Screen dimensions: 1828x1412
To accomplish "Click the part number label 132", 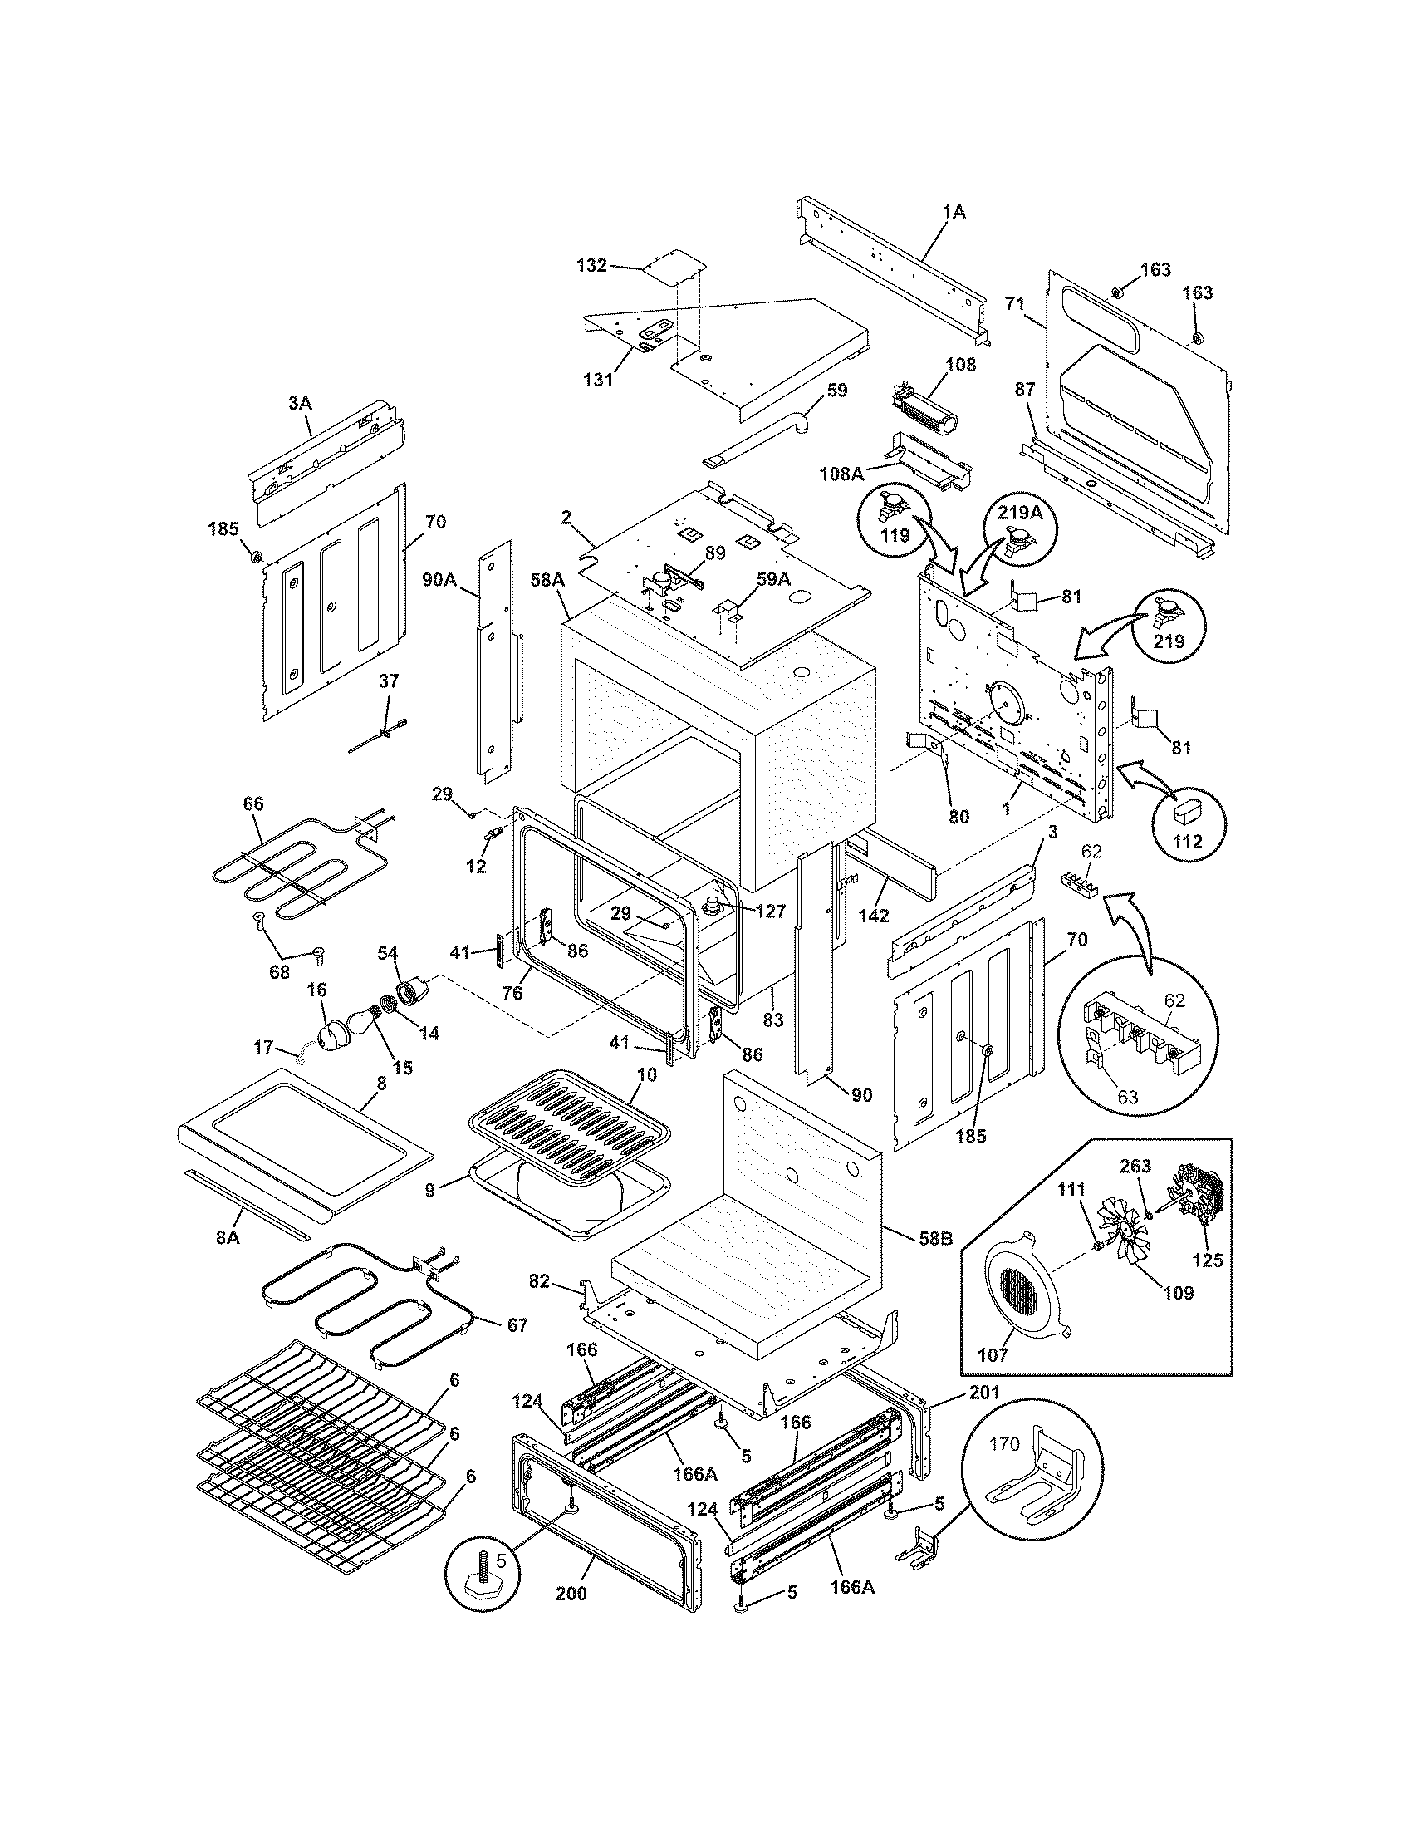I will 591,266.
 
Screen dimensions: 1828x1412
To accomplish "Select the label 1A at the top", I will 954,213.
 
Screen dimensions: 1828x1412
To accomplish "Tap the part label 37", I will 389,681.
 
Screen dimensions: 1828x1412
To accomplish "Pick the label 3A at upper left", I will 300,404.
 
